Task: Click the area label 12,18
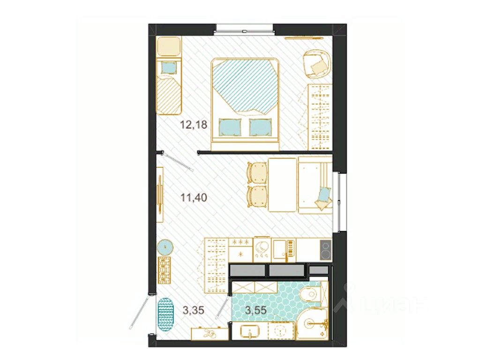coord(194,125)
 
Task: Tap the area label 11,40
coord(194,198)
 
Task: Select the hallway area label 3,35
coord(193,310)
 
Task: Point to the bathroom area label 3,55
coord(255,310)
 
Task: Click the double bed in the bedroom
coord(245,104)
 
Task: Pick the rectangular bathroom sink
coord(250,331)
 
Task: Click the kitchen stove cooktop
coord(325,250)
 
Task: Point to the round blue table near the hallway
coord(165,247)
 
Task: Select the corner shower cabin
coord(312,324)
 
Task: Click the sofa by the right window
coord(315,185)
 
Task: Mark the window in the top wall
coord(244,30)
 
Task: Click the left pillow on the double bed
coord(230,127)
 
